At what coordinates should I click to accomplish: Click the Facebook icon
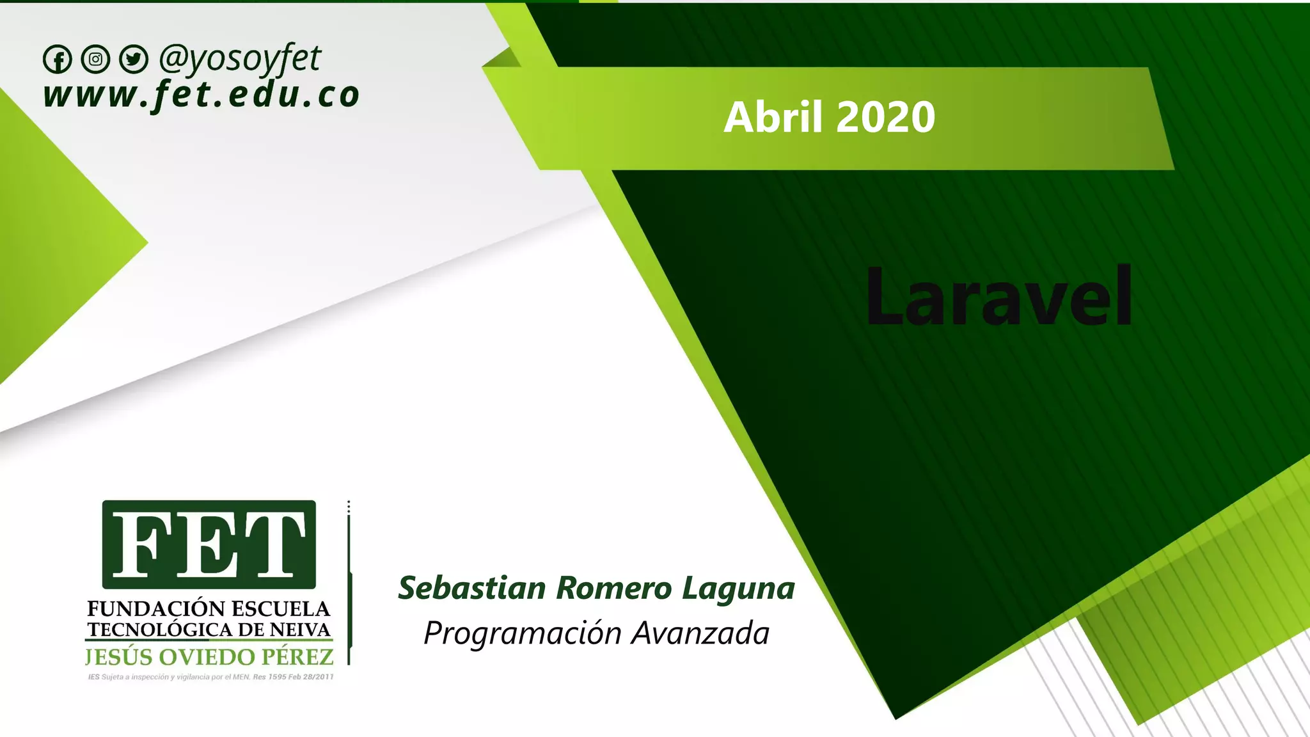click(58, 60)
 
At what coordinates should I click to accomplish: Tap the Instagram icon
click(95, 59)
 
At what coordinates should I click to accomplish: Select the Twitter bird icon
click(133, 59)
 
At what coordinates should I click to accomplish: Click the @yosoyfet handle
click(240, 59)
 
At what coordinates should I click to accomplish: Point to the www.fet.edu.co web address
click(201, 95)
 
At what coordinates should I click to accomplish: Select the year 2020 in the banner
click(885, 117)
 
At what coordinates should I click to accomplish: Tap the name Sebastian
click(472, 588)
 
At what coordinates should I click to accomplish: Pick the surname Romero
click(613, 588)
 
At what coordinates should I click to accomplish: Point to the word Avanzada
click(700, 633)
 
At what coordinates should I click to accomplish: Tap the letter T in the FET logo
click(272, 545)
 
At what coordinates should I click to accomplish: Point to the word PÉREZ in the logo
click(297, 657)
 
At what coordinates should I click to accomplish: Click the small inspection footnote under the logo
click(210, 677)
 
